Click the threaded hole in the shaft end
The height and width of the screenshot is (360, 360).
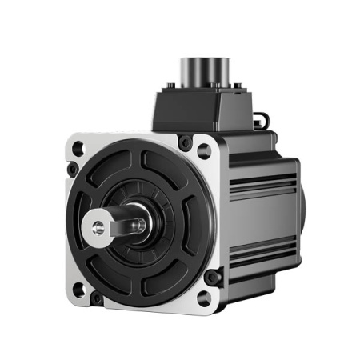click(x=96, y=227)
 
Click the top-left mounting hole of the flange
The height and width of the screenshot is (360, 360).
click(x=78, y=148)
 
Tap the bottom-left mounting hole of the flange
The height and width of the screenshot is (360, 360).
click(x=78, y=289)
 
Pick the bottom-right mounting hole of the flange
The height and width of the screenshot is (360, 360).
click(x=206, y=298)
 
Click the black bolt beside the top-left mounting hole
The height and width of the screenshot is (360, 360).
click(x=73, y=170)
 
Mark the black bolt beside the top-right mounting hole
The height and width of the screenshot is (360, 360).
click(x=186, y=143)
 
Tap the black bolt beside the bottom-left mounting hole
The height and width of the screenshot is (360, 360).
click(x=98, y=298)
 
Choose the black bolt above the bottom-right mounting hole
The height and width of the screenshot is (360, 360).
click(x=213, y=278)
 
